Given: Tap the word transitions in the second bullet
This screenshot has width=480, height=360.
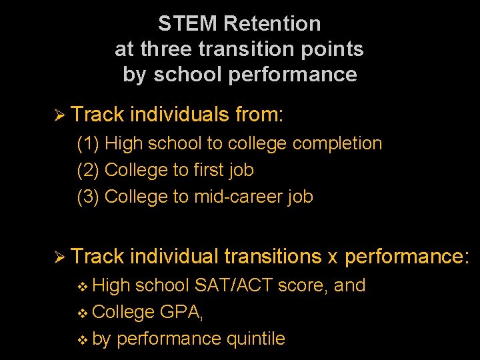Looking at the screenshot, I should coord(273,256).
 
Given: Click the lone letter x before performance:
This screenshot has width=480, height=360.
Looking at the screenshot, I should coord(333,257).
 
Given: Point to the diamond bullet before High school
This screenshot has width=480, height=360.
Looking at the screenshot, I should coord(83,286).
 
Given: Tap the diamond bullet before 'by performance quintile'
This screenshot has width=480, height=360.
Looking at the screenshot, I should coord(83,339).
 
